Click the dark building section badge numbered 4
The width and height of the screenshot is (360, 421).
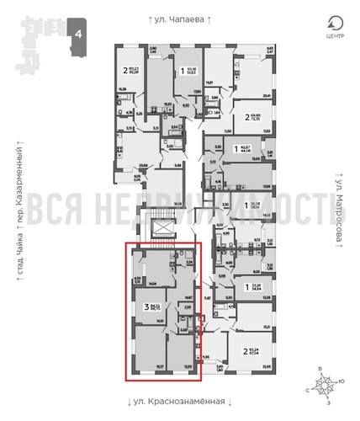click(78, 33)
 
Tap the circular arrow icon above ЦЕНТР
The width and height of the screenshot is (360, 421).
click(335, 23)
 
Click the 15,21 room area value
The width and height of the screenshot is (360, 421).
click(266, 326)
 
